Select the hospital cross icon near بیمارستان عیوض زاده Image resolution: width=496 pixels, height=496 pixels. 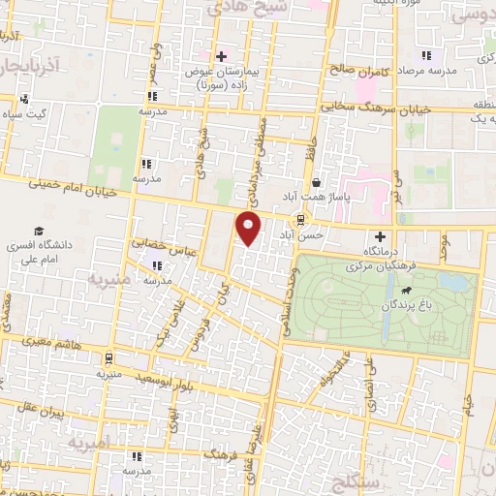(221, 56)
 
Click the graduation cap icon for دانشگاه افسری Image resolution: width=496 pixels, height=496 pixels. (38, 232)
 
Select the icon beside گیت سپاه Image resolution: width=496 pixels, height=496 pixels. (24, 99)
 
